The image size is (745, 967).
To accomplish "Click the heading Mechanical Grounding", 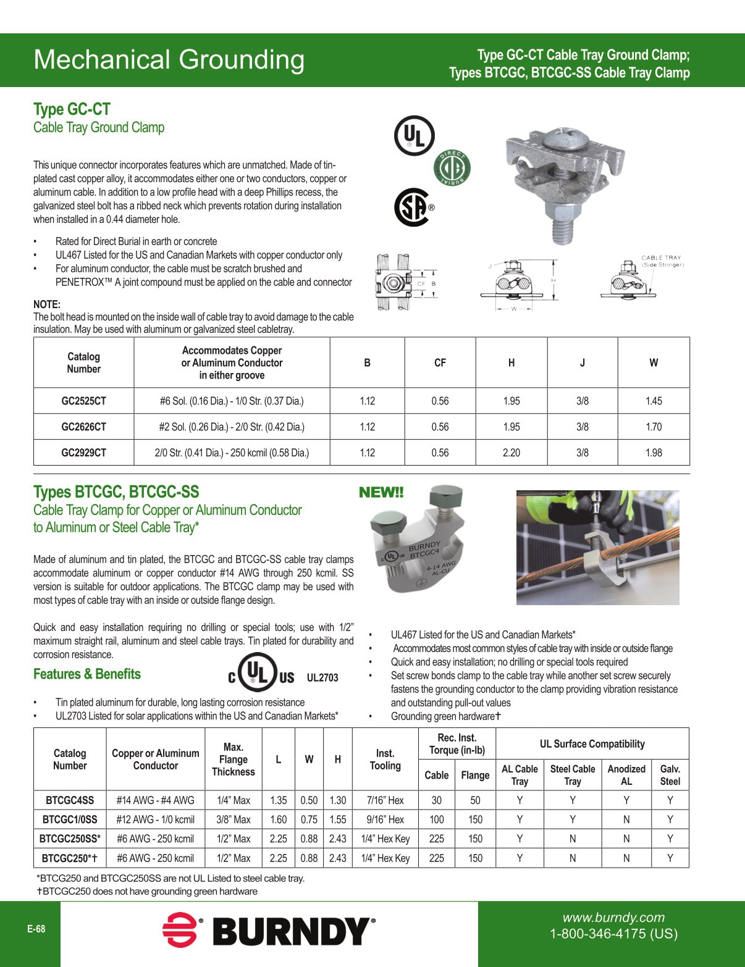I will pos(169,60).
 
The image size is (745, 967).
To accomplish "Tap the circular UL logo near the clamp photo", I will pos(414,136).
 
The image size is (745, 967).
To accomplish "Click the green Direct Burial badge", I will pos(452,167).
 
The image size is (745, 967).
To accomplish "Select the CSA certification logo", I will pos(412,207).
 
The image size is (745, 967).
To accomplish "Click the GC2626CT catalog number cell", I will pos(83,427).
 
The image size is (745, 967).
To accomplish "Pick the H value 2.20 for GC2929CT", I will pos(511,453).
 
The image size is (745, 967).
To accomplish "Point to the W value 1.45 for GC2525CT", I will pos(653,401).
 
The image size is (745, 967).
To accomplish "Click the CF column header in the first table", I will pos(440,362).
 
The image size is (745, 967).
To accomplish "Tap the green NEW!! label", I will pos(381,492).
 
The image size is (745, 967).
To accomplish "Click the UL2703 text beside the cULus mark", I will pos(322,678).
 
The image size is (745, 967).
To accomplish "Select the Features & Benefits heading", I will pos(87,674).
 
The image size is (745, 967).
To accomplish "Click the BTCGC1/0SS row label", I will pos(70,819).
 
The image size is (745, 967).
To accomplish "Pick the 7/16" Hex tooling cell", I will pos(385,800).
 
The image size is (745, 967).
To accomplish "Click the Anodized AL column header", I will pos(626,775).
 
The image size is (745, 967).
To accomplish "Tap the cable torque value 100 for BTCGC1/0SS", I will pos(436,819).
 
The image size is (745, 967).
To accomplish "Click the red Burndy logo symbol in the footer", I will pos(180,930).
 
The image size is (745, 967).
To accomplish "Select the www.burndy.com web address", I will pos(613,918).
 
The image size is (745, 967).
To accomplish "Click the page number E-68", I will pos(36,929).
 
